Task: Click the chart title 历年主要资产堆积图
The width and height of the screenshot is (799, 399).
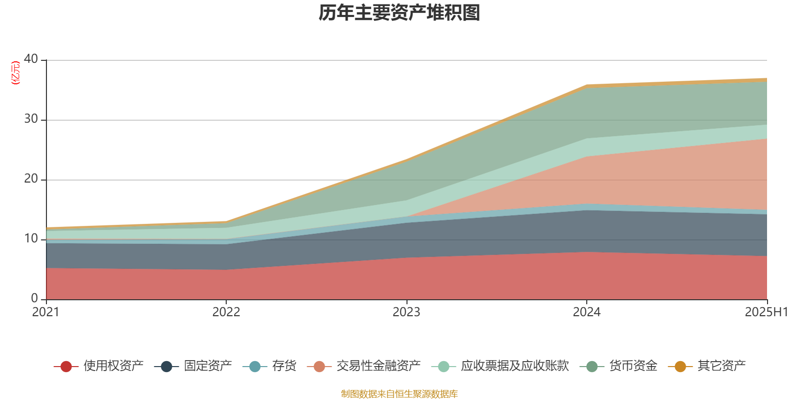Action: (x=399, y=13)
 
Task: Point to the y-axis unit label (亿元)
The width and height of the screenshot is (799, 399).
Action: (x=15, y=73)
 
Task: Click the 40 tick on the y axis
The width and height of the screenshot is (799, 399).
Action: (x=31, y=59)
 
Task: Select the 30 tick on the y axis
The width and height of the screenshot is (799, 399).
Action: (x=31, y=119)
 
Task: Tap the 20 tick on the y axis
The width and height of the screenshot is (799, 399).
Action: (x=31, y=179)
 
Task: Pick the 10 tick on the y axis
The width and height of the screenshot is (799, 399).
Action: (x=31, y=238)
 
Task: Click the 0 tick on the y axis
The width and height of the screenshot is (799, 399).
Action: (x=34, y=298)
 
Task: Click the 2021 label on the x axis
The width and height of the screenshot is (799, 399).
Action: (x=46, y=312)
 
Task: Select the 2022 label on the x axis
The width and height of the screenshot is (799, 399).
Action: (x=226, y=312)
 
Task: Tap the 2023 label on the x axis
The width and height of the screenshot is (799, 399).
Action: (x=406, y=312)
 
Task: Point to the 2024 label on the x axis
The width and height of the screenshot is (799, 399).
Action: (x=587, y=312)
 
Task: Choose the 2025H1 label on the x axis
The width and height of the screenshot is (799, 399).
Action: (x=766, y=312)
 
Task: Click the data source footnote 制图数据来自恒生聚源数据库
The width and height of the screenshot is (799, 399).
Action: (x=399, y=394)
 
